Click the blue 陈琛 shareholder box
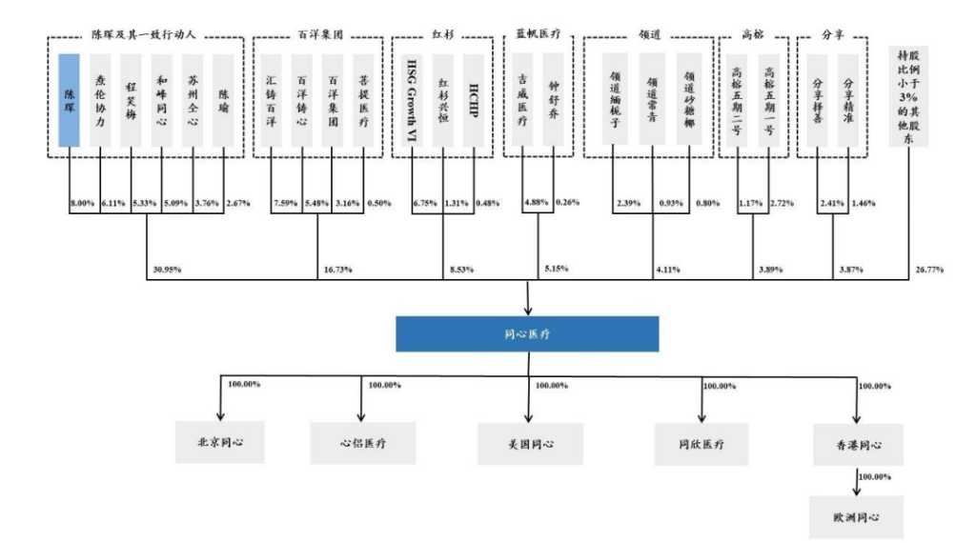click(x=70, y=99)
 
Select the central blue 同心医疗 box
click(x=527, y=334)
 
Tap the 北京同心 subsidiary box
click(x=220, y=444)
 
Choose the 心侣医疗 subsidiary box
click(x=361, y=444)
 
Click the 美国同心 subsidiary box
click(x=530, y=444)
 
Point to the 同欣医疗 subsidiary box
click(x=701, y=444)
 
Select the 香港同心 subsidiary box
click(x=858, y=444)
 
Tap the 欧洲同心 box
click(x=858, y=520)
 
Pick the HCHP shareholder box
click(x=474, y=99)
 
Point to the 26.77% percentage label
click(x=928, y=270)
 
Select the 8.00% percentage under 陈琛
click(x=83, y=203)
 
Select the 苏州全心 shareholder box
click(x=193, y=99)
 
